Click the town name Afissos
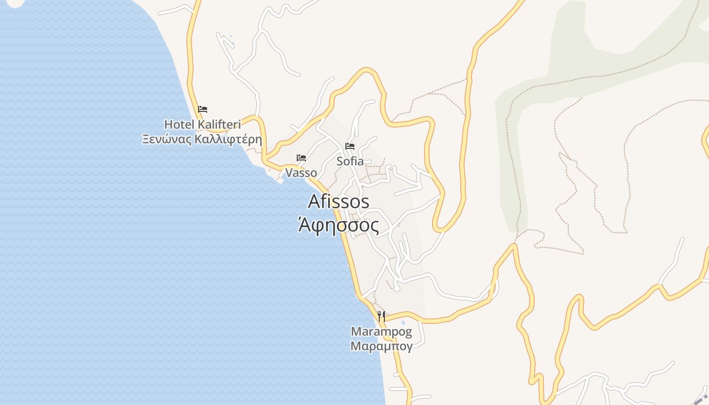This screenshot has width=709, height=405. (x=338, y=201)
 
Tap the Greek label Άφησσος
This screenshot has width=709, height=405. (x=338, y=225)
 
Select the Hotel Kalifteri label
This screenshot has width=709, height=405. (x=202, y=124)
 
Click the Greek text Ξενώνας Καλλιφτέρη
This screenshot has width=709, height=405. (x=202, y=139)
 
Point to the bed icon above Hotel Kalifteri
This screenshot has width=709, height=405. (x=203, y=109)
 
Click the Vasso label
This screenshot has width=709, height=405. (x=301, y=173)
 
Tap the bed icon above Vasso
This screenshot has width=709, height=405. (x=301, y=158)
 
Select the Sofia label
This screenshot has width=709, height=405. (x=350, y=161)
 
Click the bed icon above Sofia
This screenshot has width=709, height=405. (x=350, y=146)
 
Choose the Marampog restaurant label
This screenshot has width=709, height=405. (x=381, y=332)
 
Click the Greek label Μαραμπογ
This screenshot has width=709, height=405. (x=381, y=346)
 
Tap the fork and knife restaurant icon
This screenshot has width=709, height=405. (x=381, y=316)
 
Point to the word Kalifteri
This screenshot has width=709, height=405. (x=219, y=124)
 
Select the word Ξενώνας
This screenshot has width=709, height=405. (x=167, y=139)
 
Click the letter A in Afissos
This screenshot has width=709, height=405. (x=314, y=201)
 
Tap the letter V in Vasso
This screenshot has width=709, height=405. (x=289, y=173)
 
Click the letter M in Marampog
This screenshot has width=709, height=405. (x=356, y=332)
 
